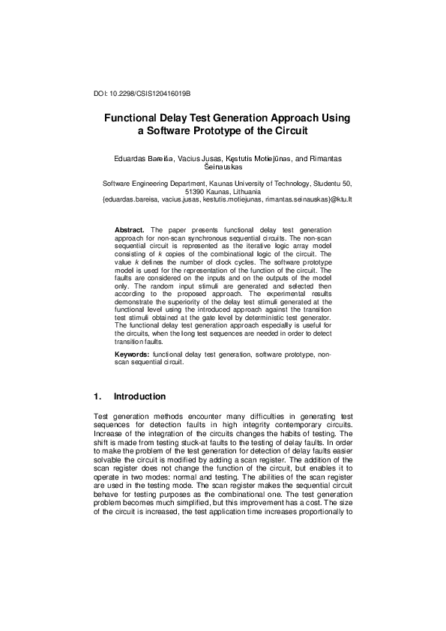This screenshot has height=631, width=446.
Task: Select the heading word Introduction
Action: click(x=139, y=396)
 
